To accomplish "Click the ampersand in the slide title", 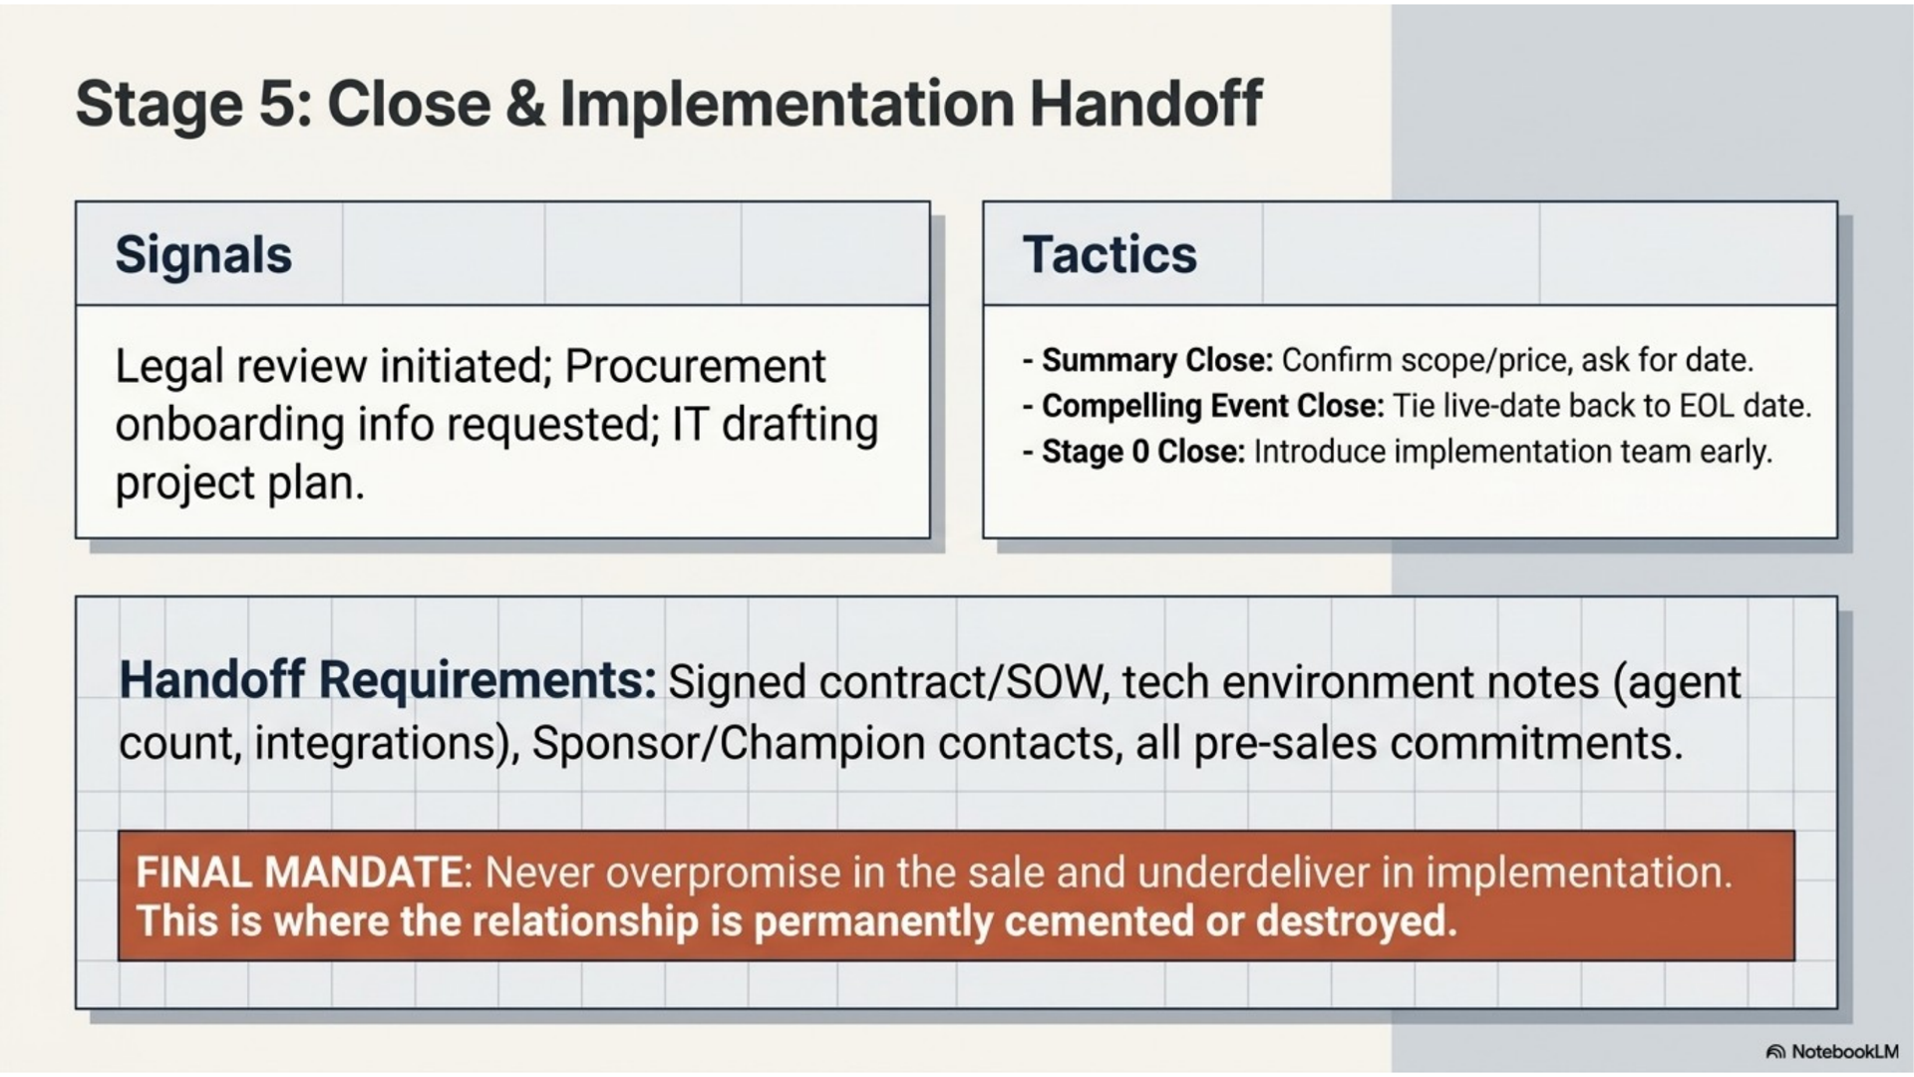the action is (525, 104).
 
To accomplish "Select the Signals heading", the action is (203, 255).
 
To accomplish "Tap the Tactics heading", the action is (1110, 254).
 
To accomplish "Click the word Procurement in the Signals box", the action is (695, 366).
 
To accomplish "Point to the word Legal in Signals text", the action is (169, 367).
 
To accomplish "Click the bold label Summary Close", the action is (1157, 360).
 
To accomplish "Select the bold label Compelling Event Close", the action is (1213, 407).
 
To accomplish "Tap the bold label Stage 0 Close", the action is (1143, 452).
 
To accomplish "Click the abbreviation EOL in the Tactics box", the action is (1706, 407).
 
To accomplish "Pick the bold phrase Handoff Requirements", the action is (388, 680).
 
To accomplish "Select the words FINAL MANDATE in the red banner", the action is (299, 874).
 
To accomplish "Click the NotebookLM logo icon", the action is (1775, 1052).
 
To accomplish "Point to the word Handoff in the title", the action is (1145, 104).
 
